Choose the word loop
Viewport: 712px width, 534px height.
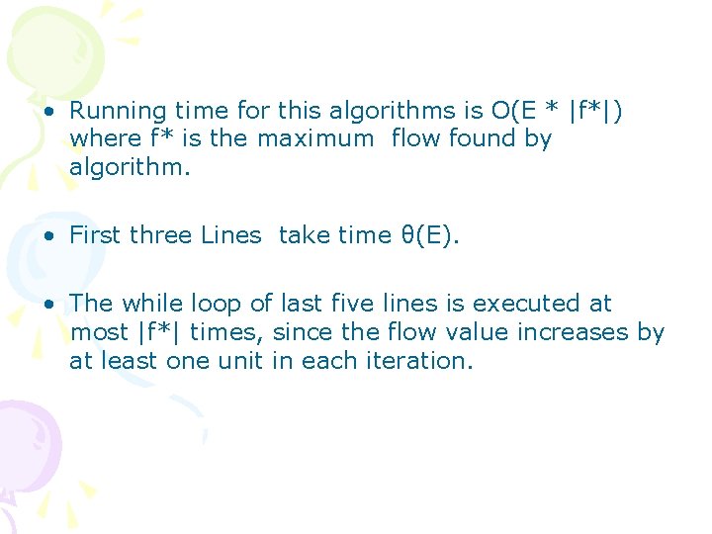coord(219,304)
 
